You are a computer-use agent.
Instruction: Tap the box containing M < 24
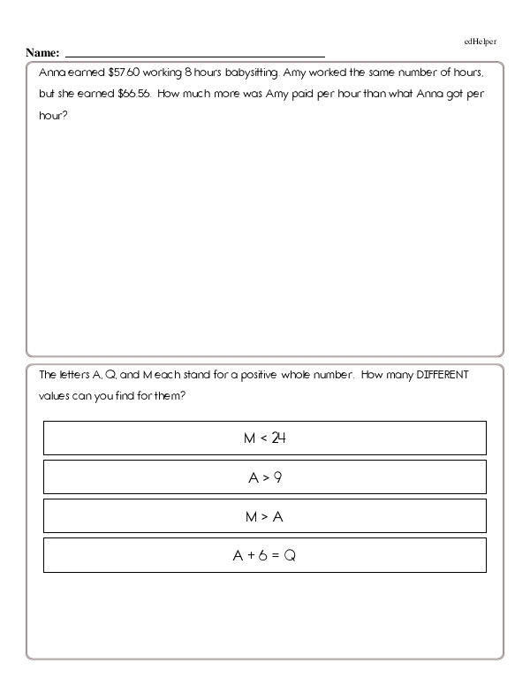pyautogui.click(x=264, y=438)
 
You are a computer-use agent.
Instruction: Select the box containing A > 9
pyautogui.click(x=264, y=477)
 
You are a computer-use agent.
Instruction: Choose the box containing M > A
pyautogui.click(x=264, y=516)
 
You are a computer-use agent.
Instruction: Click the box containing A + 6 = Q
pyautogui.click(x=264, y=555)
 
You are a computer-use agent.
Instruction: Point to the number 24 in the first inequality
pyautogui.click(x=278, y=438)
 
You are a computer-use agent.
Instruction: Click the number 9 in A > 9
pyautogui.click(x=277, y=477)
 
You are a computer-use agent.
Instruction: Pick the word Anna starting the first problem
pyautogui.click(x=53, y=75)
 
